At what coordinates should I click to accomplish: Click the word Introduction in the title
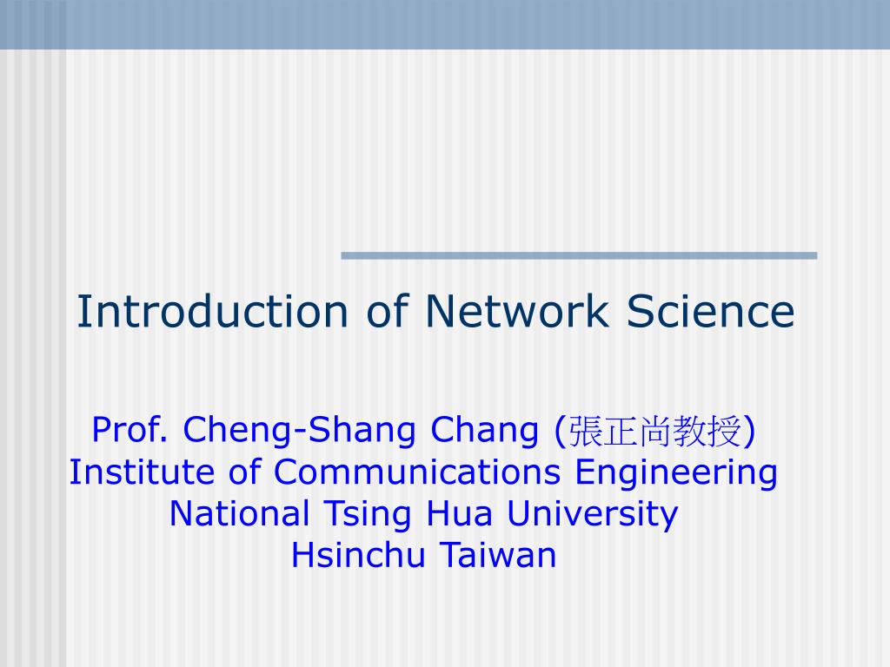pyautogui.click(x=211, y=312)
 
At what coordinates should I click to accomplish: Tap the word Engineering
pyautogui.click(x=675, y=473)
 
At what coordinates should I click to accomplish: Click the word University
pyautogui.click(x=592, y=515)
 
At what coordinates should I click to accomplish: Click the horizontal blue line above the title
pyautogui.click(x=579, y=255)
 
